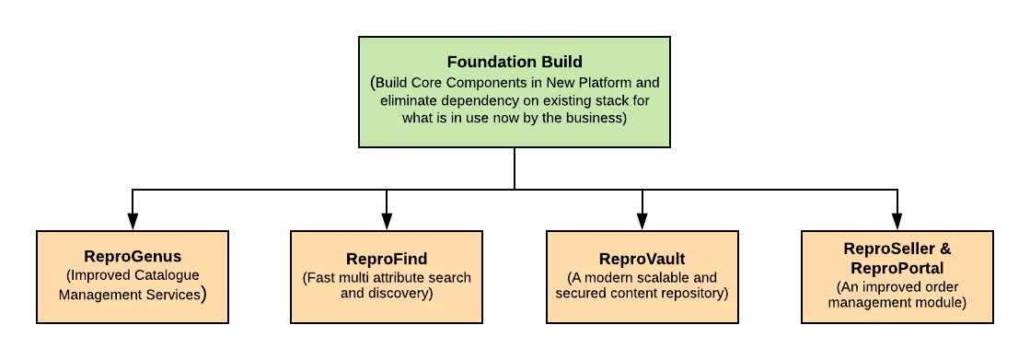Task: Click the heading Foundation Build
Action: point(515,63)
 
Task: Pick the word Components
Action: point(486,82)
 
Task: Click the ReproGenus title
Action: point(133,257)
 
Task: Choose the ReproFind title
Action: point(387,259)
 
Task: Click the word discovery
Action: point(398,294)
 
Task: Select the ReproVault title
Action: point(642,259)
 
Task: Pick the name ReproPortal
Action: point(897,269)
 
